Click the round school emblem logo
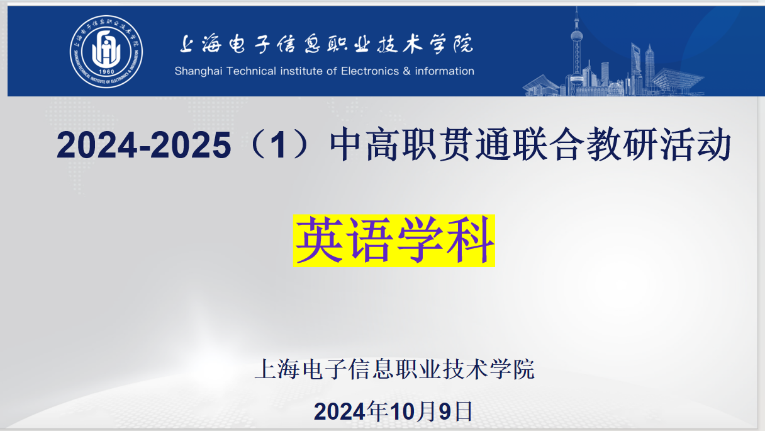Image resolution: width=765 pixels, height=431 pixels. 106,52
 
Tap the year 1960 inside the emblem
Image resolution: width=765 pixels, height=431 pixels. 106,72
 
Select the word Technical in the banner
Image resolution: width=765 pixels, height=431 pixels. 251,71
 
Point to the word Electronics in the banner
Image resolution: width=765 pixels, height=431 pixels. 370,71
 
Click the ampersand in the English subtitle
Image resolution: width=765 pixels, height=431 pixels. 406,71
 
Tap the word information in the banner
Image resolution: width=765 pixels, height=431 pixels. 444,71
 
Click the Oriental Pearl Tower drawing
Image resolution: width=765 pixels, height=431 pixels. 576,51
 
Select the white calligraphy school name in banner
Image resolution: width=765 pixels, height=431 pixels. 327,43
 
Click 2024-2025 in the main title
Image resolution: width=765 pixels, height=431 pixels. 144,145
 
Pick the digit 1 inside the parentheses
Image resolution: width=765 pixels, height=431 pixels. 279,145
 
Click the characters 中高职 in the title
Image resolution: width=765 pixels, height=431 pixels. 383,144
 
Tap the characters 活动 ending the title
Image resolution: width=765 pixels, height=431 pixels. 696,144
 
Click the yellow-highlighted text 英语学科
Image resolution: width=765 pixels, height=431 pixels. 394,241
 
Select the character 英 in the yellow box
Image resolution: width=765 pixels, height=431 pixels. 320,241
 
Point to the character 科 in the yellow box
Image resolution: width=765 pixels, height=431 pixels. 470,241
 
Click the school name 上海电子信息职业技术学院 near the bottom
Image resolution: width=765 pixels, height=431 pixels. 394,369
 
